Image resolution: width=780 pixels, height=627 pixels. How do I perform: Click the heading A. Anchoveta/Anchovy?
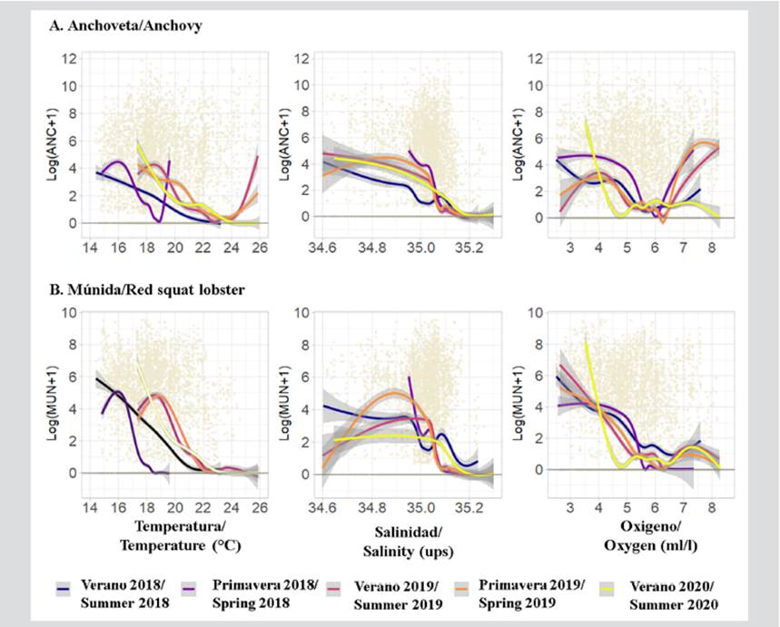(x=124, y=26)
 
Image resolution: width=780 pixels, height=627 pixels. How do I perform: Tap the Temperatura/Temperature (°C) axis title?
(x=188, y=534)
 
